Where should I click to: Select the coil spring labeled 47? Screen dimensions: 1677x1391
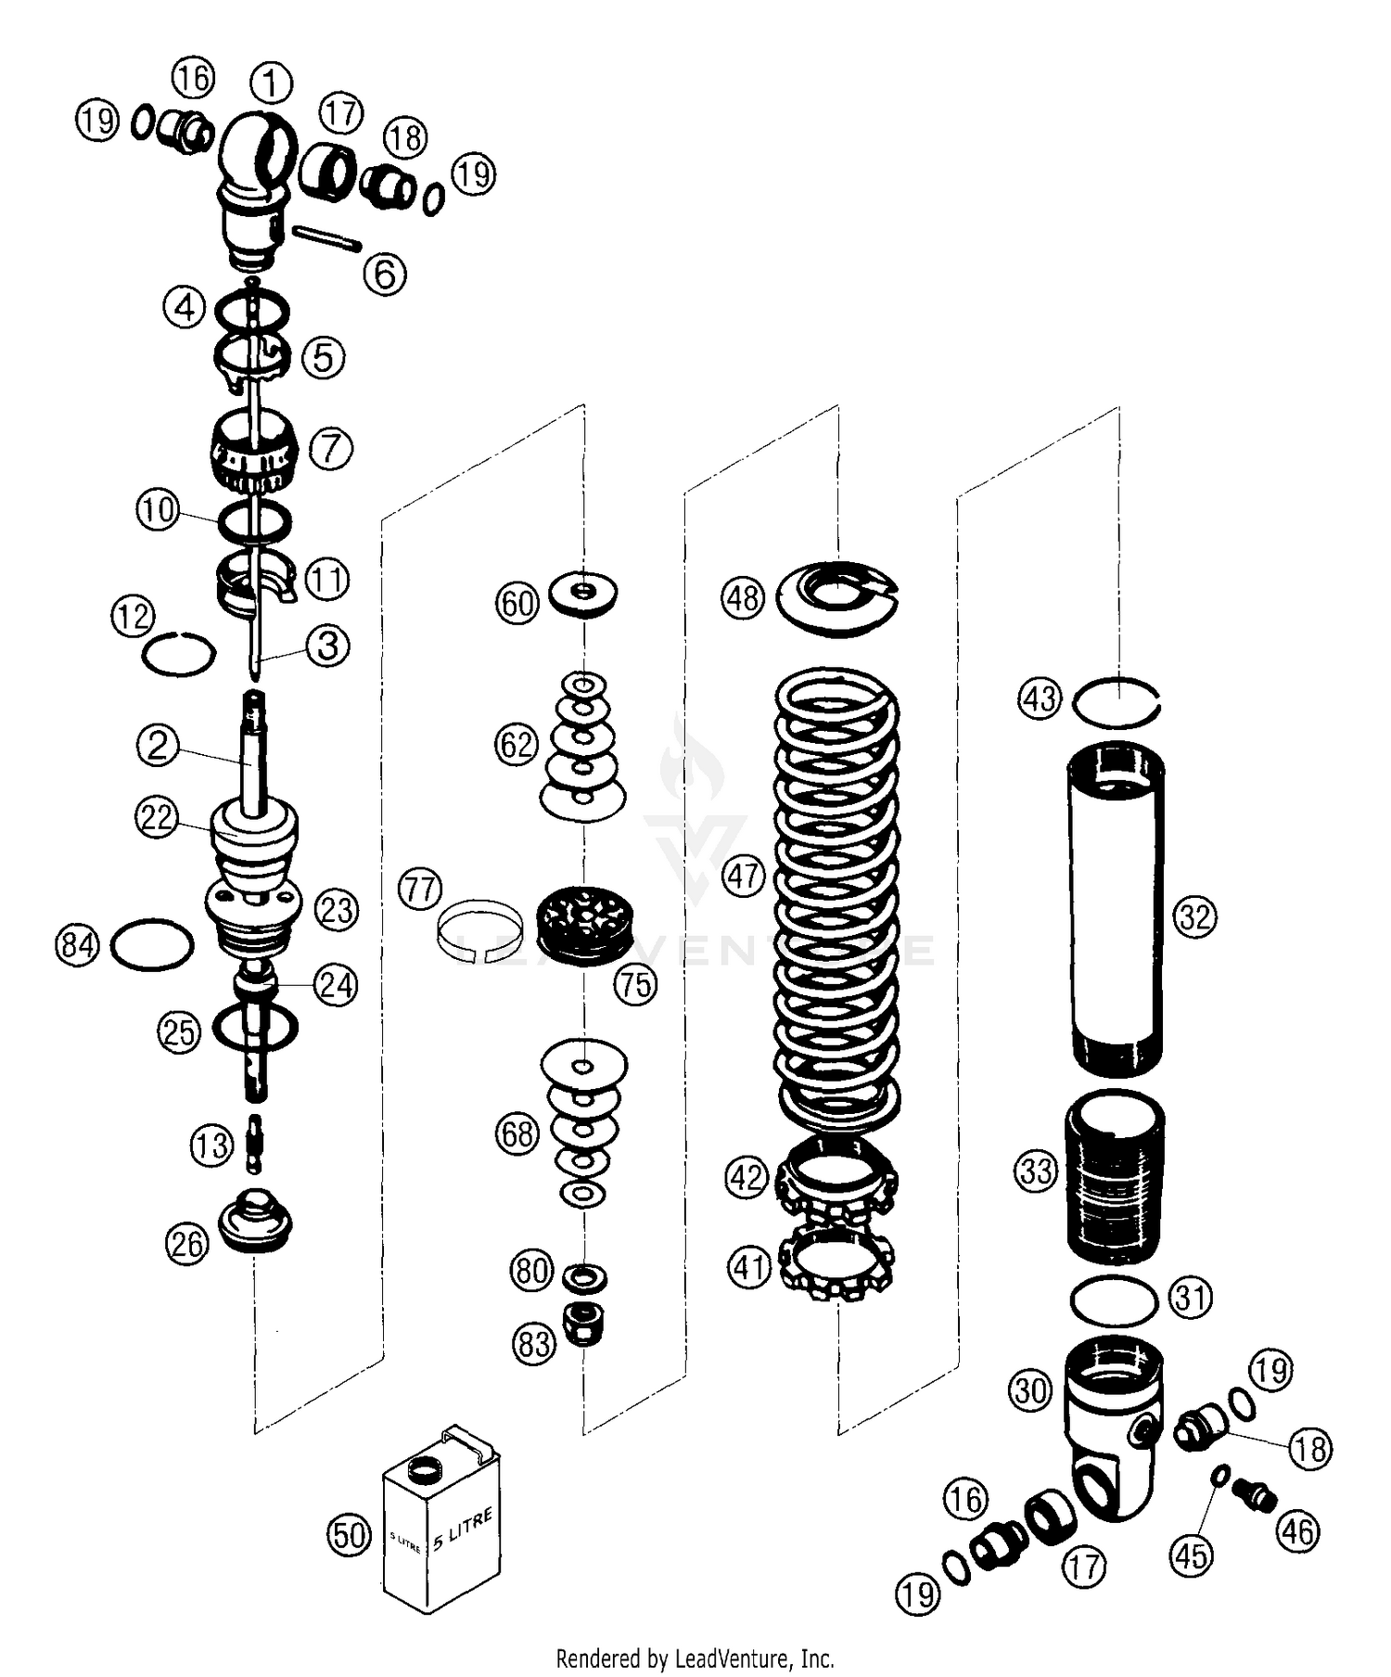837,890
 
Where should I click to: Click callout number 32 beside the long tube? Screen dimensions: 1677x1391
1193,916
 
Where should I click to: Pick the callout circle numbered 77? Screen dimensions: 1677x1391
419,890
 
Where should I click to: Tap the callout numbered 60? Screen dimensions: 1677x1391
517,603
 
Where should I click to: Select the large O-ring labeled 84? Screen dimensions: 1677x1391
151,945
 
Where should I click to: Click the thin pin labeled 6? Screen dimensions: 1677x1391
326,237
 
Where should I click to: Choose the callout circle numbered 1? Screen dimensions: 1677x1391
271,83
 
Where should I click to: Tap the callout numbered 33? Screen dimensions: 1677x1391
1036,1171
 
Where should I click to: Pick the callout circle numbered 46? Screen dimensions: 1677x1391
1297,1530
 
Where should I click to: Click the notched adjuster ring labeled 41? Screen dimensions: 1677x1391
838,1268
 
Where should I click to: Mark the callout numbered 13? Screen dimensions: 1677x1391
211,1146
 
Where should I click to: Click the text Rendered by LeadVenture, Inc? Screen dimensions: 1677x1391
695,1658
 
